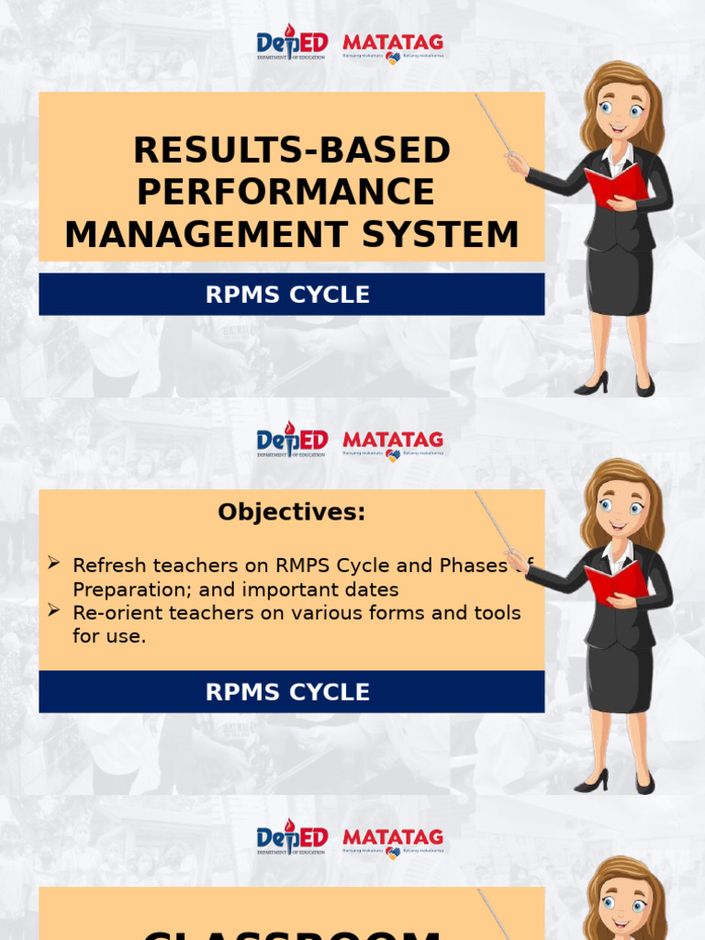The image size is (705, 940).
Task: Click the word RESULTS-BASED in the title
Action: [x=292, y=150]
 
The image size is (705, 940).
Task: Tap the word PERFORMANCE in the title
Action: [x=285, y=192]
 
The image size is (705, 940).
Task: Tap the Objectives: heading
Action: [x=291, y=512]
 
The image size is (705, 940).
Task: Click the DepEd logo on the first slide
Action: [x=292, y=42]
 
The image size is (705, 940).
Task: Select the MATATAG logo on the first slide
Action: [x=393, y=47]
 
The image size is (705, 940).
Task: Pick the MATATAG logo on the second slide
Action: [x=393, y=444]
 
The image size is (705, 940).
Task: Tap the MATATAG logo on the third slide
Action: [x=393, y=842]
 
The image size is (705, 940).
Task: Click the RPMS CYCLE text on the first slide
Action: [x=287, y=295]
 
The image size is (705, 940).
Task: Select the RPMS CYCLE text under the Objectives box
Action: [x=287, y=692]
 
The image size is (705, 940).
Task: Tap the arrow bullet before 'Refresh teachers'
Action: [x=54, y=562]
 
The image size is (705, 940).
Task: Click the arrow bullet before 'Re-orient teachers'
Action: [x=54, y=610]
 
